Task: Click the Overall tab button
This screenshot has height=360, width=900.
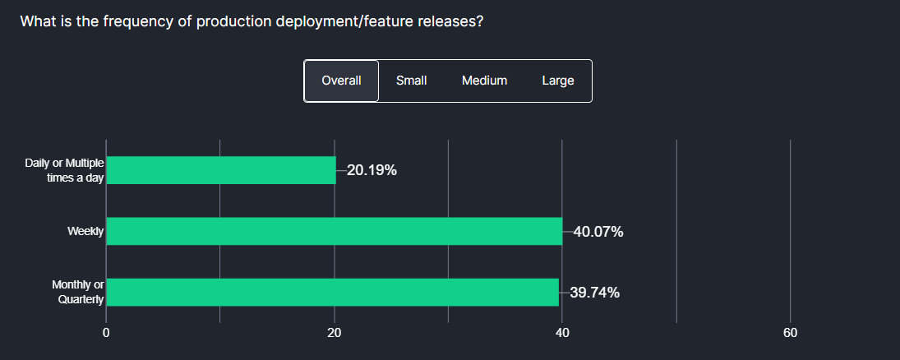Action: click(341, 81)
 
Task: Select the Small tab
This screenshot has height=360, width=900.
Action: click(411, 81)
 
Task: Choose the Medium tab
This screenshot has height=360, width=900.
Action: click(484, 81)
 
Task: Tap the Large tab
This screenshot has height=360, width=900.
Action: click(557, 81)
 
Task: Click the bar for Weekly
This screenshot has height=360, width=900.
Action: click(334, 231)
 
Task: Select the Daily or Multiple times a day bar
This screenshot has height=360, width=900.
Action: click(221, 170)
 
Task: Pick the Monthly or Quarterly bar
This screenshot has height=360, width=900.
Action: click(332, 292)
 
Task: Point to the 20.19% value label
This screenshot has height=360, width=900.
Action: click(372, 171)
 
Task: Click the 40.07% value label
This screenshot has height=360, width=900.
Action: click(598, 232)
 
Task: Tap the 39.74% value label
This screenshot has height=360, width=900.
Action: click(594, 293)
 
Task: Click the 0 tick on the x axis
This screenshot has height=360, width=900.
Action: click(106, 333)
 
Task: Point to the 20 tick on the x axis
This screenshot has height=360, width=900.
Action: click(335, 333)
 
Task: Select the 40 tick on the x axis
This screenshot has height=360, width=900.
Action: click(562, 333)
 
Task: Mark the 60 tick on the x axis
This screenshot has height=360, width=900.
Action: click(790, 333)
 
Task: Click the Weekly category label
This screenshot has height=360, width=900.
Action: click(85, 232)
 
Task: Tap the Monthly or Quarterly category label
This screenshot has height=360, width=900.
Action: click(78, 292)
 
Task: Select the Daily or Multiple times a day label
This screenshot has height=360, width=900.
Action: click(64, 170)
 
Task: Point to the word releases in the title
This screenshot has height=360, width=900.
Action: click(453, 21)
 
